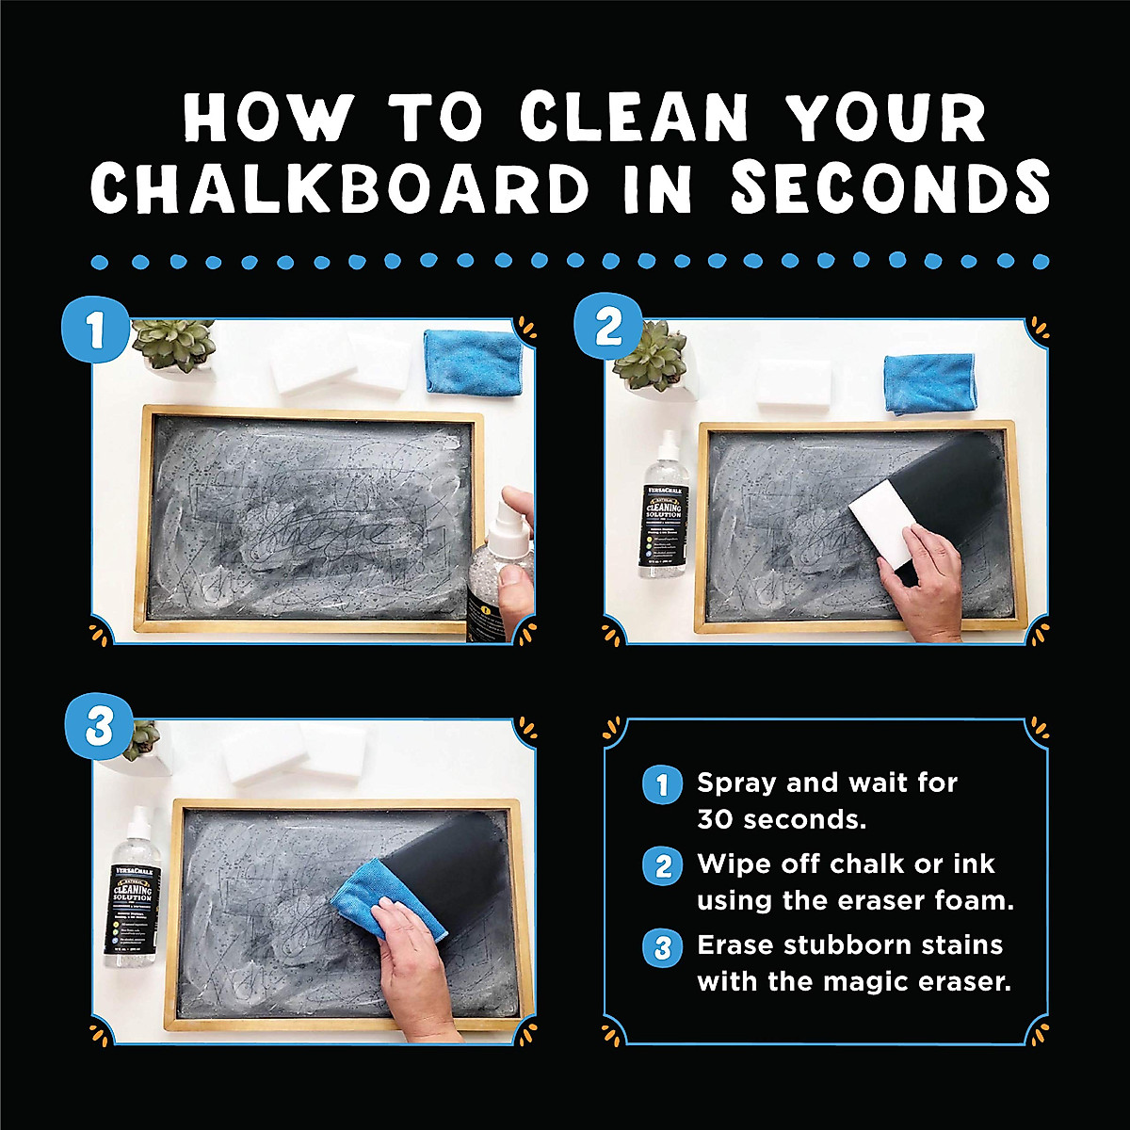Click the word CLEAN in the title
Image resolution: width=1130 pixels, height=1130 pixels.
633,121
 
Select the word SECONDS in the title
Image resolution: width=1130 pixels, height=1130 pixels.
890,186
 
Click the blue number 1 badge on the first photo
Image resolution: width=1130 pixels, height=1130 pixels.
94,331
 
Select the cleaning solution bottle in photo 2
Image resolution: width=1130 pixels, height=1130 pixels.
663,508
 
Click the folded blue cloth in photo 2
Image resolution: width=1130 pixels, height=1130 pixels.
928,383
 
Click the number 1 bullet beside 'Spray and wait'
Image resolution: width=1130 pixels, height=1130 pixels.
662,784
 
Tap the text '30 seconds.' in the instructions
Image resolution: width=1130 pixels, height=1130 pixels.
781,819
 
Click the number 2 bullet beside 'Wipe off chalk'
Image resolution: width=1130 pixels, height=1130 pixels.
662,865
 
